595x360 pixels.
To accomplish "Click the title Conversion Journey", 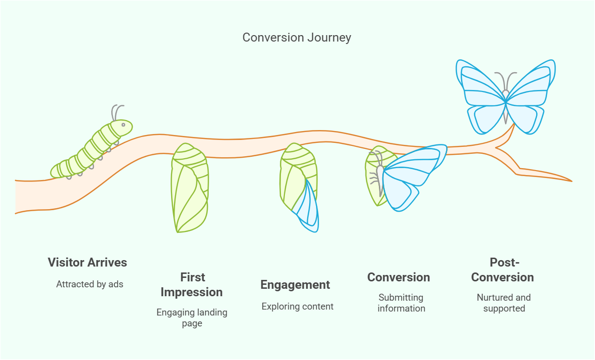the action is click(297, 38).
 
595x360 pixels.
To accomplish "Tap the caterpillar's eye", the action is click(123, 125).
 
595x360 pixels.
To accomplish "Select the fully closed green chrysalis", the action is click(189, 188).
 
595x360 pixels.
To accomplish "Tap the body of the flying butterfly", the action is click(506, 107).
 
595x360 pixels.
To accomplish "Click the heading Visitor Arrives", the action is click(88, 262).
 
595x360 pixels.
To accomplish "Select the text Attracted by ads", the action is click(90, 284).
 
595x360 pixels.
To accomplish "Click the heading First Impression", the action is click(192, 285).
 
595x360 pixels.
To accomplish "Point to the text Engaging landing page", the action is click(192, 318).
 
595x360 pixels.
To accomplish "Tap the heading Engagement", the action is click(295, 285).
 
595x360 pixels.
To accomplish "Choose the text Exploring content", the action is click(298, 307).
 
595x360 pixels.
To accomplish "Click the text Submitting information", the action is click(401, 303).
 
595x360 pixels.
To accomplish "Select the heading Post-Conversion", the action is click(503, 270).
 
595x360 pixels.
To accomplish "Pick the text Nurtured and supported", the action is click(504, 303).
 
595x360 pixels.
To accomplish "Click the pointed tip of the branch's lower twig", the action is click(572, 181).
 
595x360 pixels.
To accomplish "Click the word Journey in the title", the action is click(329, 38).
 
